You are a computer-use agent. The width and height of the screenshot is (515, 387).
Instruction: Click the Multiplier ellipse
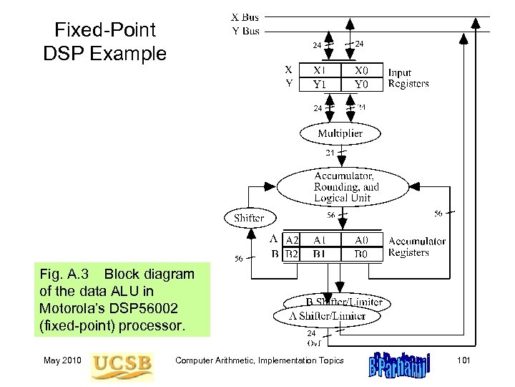point(340,133)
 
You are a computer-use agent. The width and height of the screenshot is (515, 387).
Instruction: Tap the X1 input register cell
point(320,71)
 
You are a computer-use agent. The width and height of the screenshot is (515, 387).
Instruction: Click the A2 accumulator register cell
point(292,241)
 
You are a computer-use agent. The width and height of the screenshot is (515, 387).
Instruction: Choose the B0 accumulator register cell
point(361,254)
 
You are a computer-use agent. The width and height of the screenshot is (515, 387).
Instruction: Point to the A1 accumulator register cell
point(320,241)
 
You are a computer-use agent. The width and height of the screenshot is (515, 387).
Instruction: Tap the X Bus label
point(245,16)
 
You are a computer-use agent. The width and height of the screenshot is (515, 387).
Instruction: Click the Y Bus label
point(245,30)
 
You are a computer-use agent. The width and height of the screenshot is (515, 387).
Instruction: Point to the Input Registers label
point(408,77)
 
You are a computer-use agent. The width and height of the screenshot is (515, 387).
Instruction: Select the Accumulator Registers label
point(416,247)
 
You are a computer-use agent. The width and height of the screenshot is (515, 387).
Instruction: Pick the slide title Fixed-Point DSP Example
point(110,41)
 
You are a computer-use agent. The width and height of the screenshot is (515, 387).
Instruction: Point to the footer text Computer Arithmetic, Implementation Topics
point(260,360)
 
